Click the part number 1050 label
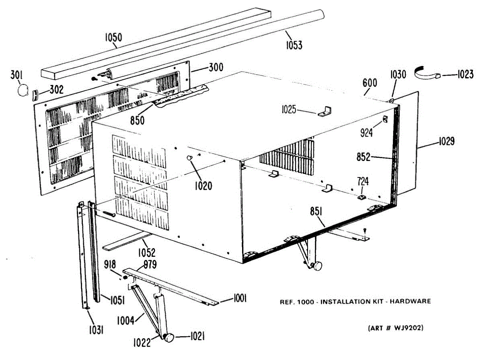pyautogui.click(x=114, y=38)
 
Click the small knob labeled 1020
pyautogui.click(x=190, y=158)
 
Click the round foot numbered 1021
pyautogui.click(x=171, y=337)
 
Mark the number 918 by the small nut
pyautogui.click(x=110, y=265)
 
